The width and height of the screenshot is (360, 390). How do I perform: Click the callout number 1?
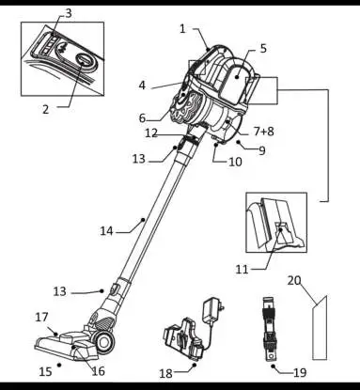coord(182,28)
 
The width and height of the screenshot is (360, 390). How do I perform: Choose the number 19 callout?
coord(300,372)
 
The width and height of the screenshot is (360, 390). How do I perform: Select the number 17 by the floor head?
coord(41,317)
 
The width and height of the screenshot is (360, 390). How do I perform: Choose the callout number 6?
coord(143,118)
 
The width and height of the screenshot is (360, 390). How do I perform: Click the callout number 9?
coord(261,150)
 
